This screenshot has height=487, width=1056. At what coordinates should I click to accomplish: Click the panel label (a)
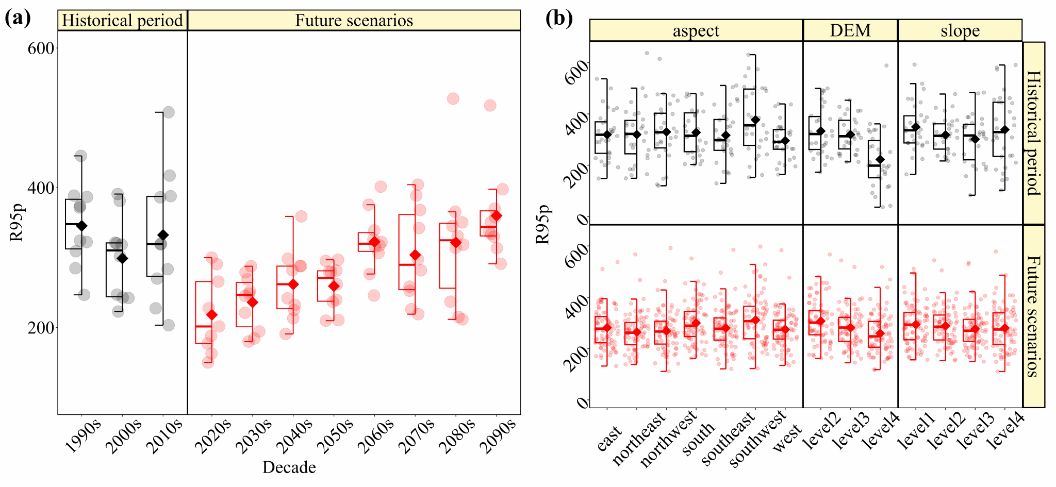(18, 19)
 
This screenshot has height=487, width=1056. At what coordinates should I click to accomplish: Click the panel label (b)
(559, 19)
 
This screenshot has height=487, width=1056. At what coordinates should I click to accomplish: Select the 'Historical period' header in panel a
(122, 21)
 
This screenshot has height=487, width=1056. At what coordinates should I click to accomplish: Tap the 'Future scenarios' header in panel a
(354, 21)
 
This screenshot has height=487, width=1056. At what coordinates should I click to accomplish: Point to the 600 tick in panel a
(41, 48)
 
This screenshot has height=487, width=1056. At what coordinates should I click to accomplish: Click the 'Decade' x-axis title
(289, 467)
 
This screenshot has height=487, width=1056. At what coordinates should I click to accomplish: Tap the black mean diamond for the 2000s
(122, 258)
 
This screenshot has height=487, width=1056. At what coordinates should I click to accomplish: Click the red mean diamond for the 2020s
(211, 315)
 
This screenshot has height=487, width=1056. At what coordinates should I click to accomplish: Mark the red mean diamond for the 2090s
(496, 215)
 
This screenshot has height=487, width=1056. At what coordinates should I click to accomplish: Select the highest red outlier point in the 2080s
(453, 99)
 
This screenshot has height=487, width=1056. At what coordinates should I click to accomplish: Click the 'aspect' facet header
(696, 31)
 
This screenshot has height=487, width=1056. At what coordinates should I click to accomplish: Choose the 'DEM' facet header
(850, 31)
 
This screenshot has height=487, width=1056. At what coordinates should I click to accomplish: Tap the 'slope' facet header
(960, 31)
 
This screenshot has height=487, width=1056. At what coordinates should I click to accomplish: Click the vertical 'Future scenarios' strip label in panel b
(1033, 316)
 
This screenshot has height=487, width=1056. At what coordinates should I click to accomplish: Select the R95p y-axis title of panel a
(17, 223)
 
